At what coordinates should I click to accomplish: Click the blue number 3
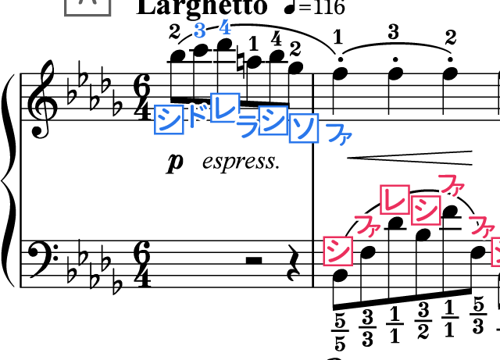click(x=199, y=30)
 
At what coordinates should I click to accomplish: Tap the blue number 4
click(x=225, y=27)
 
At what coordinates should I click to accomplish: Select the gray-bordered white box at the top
click(x=87, y=5)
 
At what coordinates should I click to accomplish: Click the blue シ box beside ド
click(x=169, y=119)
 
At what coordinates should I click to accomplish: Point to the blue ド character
click(x=198, y=116)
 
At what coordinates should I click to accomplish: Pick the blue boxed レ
click(x=225, y=108)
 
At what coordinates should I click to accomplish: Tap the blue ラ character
click(x=248, y=126)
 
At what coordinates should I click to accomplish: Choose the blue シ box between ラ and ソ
click(x=273, y=120)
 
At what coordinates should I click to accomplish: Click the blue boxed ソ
click(x=303, y=128)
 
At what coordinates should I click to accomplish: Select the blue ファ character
click(x=339, y=134)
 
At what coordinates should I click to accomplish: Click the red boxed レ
click(x=395, y=199)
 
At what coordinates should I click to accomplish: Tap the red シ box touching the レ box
click(x=426, y=210)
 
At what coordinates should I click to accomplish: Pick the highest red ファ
click(x=451, y=184)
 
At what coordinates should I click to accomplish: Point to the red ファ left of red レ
click(x=367, y=226)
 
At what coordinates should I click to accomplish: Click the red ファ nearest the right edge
click(x=481, y=226)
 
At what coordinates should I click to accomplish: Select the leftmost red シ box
click(x=337, y=251)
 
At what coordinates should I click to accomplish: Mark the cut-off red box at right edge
click(x=496, y=252)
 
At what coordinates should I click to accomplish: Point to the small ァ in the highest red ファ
click(x=458, y=188)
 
